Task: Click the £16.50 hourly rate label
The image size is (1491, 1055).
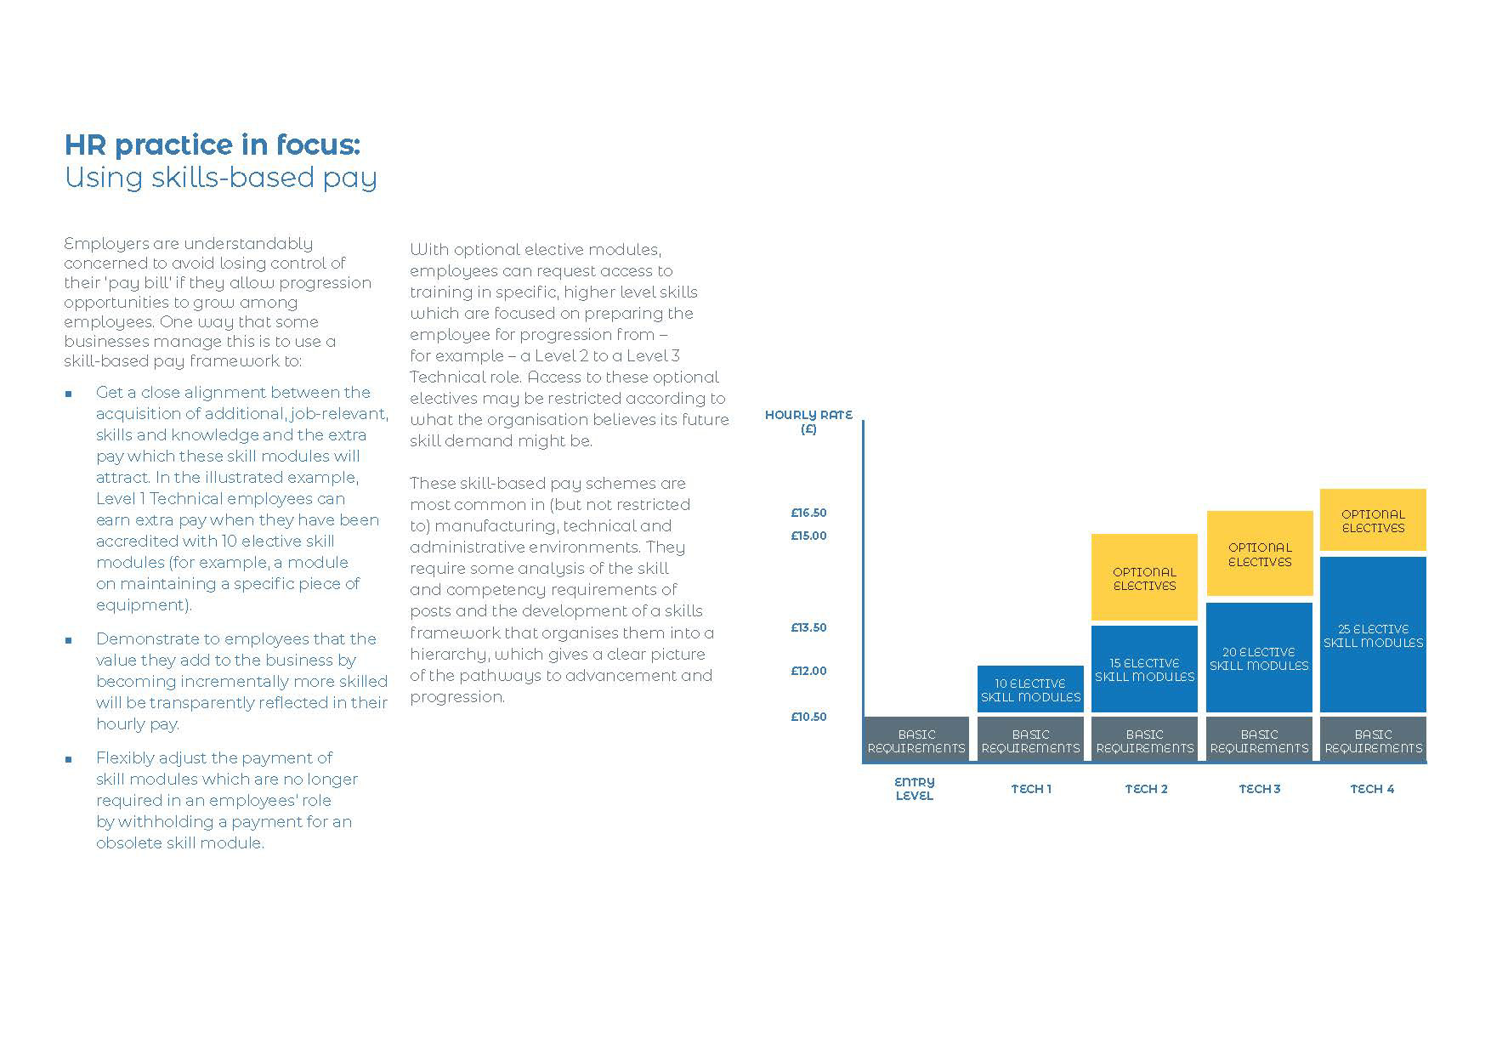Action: [x=808, y=513]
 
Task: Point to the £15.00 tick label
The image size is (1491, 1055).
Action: [x=808, y=536]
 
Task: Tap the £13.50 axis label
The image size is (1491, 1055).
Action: [x=808, y=627]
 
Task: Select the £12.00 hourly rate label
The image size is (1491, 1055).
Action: [x=808, y=671]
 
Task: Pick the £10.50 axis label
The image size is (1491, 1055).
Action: [x=808, y=717]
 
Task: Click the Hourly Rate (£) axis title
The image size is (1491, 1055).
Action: [x=808, y=422]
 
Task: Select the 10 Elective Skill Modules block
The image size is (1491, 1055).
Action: [x=1030, y=689]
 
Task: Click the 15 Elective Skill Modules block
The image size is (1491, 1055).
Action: [x=1144, y=669]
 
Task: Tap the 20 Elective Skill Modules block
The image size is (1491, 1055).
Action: [x=1259, y=658]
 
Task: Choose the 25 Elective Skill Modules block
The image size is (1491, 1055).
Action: [x=1373, y=635]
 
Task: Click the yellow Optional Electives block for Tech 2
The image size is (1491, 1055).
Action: [x=1144, y=578]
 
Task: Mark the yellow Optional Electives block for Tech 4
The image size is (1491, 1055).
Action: [x=1373, y=520]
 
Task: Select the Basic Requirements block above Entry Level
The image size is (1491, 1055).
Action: [x=916, y=740]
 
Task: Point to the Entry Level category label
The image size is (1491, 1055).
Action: [x=915, y=788]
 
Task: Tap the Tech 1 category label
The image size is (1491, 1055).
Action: [x=1030, y=789]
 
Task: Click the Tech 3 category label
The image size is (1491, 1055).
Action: [x=1259, y=789]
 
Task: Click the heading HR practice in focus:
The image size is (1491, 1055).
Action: [x=213, y=145]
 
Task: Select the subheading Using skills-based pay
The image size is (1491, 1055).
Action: [x=221, y=178]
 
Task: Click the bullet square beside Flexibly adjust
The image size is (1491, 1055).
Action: [x=69, y=759]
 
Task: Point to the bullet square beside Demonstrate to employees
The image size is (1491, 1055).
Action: [x=69, y=640]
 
